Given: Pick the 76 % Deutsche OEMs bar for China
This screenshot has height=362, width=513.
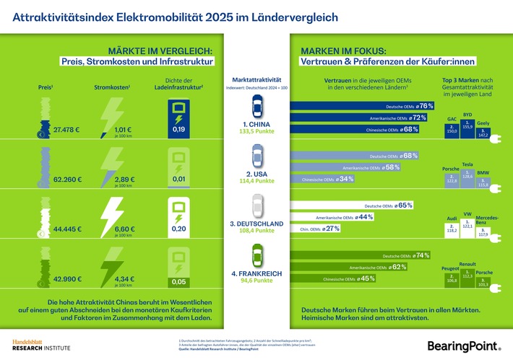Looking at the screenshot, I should (362, 106).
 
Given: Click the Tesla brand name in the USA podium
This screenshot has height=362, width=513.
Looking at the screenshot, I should (467, 164).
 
